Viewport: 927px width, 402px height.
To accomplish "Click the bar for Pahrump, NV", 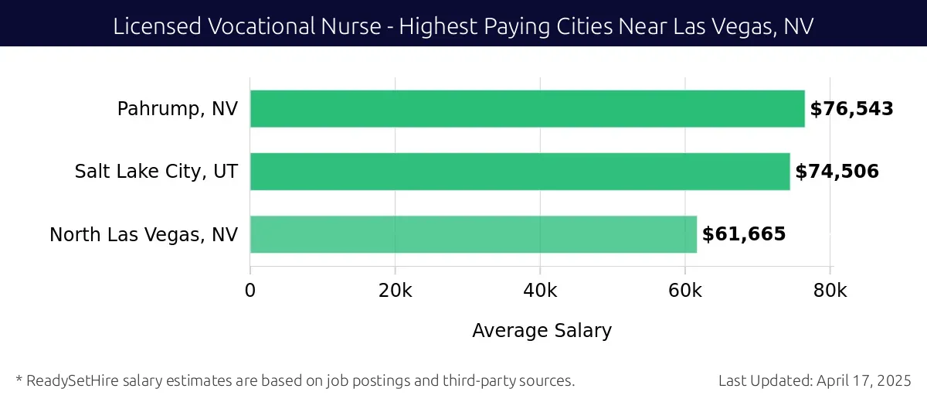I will [x=527, y=109].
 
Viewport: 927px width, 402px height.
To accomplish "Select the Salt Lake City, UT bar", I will [x=520, y=172].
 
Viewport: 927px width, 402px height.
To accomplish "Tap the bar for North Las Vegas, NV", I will [x=473, y=234].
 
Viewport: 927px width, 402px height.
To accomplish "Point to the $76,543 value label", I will [x=851, y=109].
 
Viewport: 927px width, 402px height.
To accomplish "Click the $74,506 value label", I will [x=837, y=172].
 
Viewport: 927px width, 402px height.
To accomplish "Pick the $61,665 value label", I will [x=743, y=234].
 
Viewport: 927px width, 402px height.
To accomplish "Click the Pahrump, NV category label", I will [x=178, y=109].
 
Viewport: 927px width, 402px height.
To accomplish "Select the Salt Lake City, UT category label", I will [x=156, y=172].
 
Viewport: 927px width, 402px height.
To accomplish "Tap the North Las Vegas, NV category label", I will [x=144, y=234].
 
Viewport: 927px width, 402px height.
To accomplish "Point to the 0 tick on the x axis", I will [x=250, y=291].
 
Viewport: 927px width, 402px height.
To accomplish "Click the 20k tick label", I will [x=395, y=291].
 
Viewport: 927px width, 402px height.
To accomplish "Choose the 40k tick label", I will [x=540, y=291].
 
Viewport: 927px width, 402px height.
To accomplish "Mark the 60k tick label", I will [x=685, y=291].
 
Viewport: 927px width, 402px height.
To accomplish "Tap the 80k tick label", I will [x=830, y=291].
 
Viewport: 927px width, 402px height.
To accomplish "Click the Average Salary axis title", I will [x=542, y=331].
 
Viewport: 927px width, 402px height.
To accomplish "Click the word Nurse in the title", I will [x=355, y=26].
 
